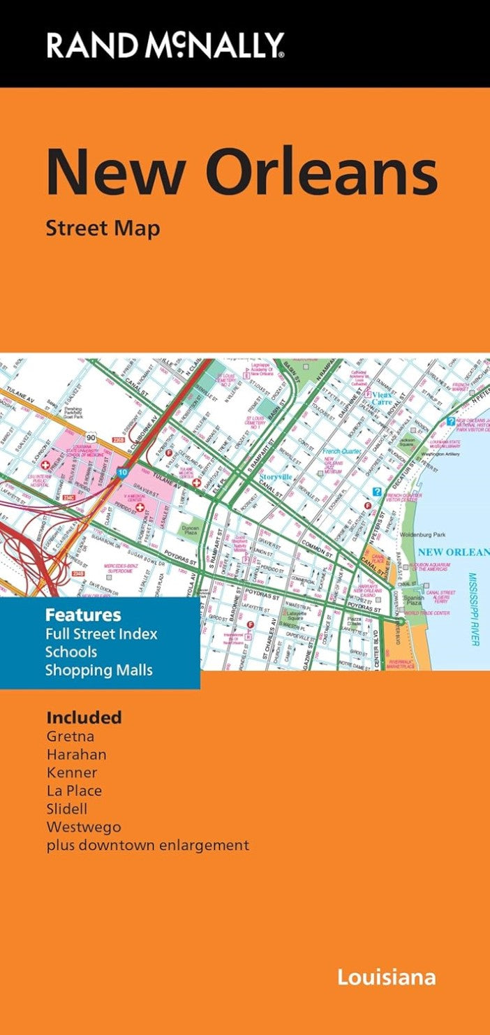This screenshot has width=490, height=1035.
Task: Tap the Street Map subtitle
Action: (x=103, y=228)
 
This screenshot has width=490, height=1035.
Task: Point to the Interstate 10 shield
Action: (x=122, y=473)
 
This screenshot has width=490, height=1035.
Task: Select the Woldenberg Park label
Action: (x=423, y=535)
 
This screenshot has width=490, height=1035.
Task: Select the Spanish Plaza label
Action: (x=413, y=601)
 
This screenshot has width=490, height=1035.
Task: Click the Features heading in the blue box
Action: (x=83, y=615)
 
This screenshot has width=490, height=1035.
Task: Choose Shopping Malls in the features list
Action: (x=98, y=670)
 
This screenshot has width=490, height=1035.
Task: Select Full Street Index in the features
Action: (x=101, y=634)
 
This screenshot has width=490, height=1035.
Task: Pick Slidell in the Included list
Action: (x=67, y=809)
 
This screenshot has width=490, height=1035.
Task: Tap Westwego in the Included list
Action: (x=83, y=827)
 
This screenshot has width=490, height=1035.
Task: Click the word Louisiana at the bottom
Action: (x=386, y=976)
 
